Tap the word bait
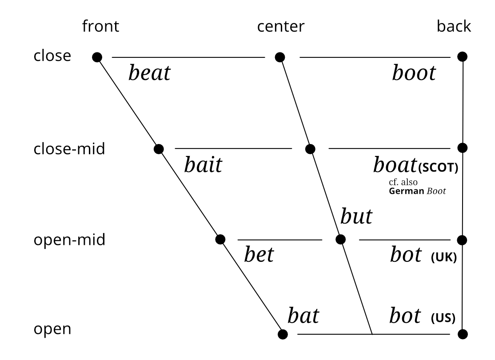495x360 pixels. coord(203,165)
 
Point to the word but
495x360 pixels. coord(356,217)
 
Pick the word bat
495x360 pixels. coord(303,316)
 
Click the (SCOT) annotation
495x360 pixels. coord(438,168)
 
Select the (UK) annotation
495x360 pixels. coord(444,258)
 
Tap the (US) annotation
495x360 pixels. coord(444,318)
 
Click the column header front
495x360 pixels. coord(100,27)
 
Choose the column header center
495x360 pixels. coord(281,27)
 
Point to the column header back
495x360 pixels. coord(454,27)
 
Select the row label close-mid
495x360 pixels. coord(69,148)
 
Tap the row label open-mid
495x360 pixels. coord(69,240)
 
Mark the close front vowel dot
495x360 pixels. coord(97,57)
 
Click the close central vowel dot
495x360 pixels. coord(279,57)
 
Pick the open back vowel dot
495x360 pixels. coord(463,333)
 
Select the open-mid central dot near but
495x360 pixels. coord(340,240)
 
